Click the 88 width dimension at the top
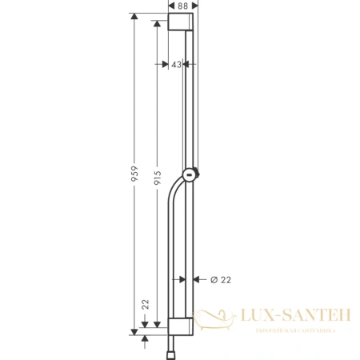pos(183,6)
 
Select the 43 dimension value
pos(177,66)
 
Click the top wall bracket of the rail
pos(181,22)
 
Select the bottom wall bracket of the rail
pos(181,327)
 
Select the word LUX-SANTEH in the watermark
pos(292,318)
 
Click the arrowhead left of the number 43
pos(166,66)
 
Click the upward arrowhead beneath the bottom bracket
pos(144,338)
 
